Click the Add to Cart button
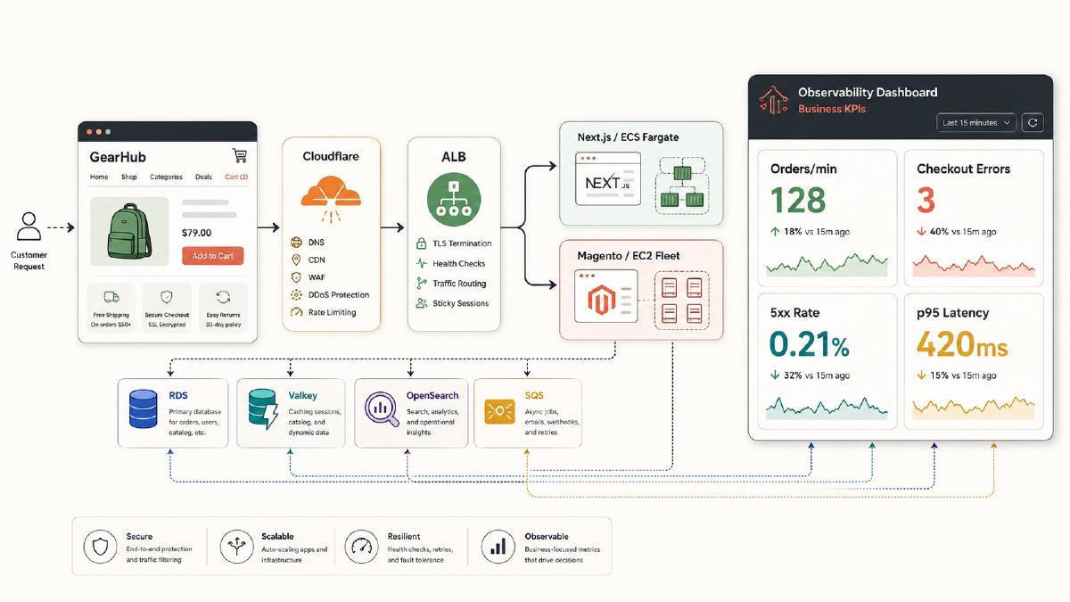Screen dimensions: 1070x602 coord(212,256)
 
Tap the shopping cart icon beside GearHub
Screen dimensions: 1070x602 coord(240,155)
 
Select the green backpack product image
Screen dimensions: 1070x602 coord(129,231)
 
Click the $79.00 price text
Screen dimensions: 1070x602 coord(196,233)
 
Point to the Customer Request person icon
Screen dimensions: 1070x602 coord(29,226)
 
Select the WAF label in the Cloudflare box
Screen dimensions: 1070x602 coord(317,277)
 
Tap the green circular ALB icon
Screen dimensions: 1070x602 coord(454,199)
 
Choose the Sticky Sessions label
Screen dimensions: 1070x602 coord(460,303)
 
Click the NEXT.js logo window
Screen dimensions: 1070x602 coord(607,178)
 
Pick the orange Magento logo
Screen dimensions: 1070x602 coord(601,299)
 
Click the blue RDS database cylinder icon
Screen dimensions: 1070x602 coord(143,408)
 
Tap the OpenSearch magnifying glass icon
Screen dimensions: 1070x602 coord(382,408)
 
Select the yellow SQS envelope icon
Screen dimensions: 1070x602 coord(499,411)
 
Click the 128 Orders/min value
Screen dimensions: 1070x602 coord(798,200)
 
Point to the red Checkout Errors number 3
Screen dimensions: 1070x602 coord(926,200)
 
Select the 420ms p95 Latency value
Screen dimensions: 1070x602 coord(962,344)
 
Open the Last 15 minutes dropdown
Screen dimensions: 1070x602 coord(975,123)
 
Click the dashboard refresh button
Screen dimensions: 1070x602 coord(1033,123)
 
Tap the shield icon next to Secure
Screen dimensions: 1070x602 coord(100,547)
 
